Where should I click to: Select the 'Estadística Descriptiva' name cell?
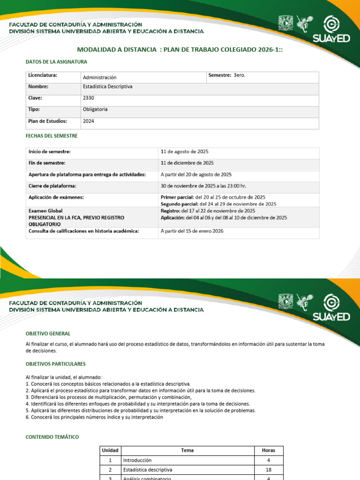tap(107, 87)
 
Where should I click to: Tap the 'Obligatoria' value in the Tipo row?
tap(95, 109)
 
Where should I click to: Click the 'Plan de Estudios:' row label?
tap(48, 121)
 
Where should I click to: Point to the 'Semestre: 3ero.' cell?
tap(226, 75)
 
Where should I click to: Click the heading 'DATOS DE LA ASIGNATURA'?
tap(56, 61)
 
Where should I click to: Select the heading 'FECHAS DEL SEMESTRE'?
tap(52, 135)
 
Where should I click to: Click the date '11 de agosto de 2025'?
tap(185, 152)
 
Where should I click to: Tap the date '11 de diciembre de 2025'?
tap(187, 163)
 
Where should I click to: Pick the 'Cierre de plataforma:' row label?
tap(52, 186)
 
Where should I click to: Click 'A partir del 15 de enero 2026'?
tap(192, 231)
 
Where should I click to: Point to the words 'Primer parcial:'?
tap(178, 197)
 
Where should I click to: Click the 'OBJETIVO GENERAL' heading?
tap(48, 333)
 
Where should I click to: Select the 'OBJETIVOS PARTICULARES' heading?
tap(56, 364)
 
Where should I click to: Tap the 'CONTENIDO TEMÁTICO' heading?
tap(52, 437)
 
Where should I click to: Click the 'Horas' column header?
tap(269, 450)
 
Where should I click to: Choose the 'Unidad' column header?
tap(110, 450)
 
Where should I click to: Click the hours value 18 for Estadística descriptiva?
tap(269, 469)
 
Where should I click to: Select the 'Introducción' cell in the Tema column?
tap(137, 460)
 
